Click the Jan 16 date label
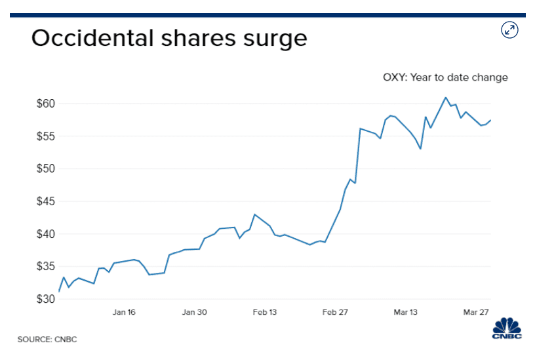124,312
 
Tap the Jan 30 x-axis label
194,312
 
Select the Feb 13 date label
265,312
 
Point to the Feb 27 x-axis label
335,312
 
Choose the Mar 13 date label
406,312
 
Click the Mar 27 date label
476,312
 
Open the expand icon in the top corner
510,30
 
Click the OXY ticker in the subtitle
395,77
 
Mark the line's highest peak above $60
446,98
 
